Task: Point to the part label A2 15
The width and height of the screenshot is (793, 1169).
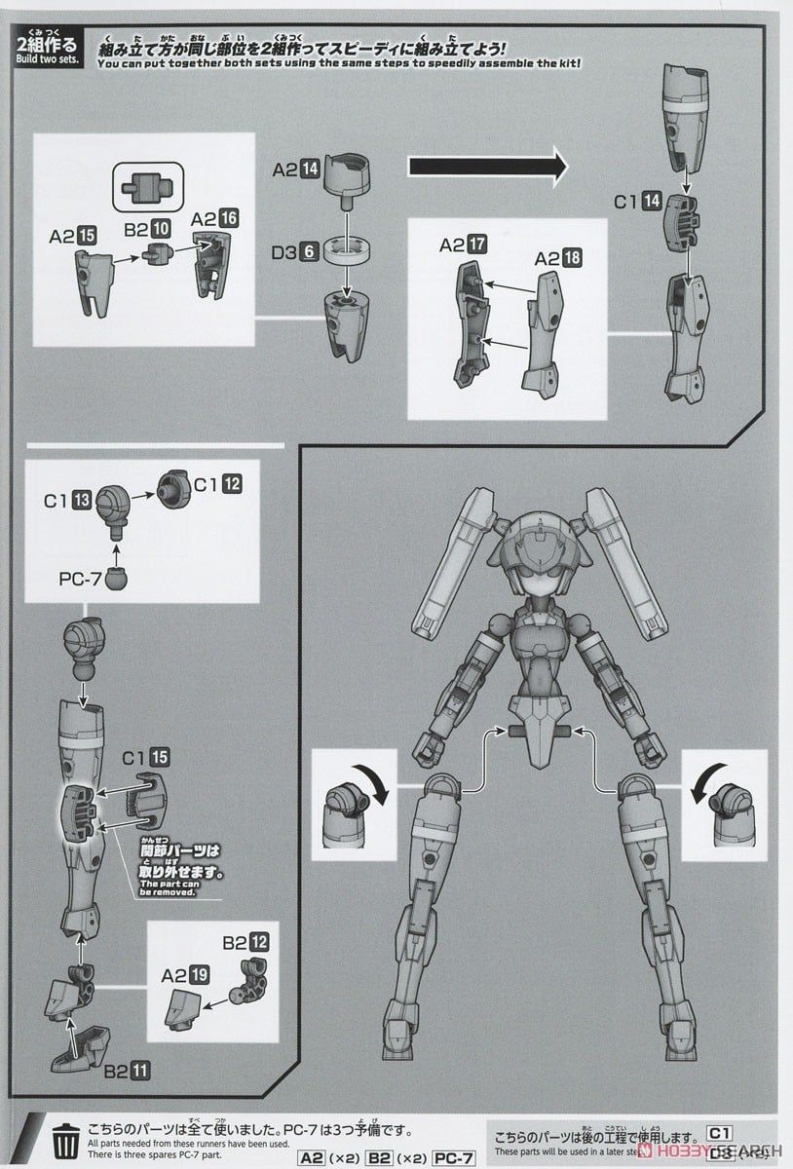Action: pyautogui.click(x=72, y=235)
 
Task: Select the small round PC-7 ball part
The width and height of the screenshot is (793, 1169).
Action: pyautogui.click(x=115, y=578)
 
